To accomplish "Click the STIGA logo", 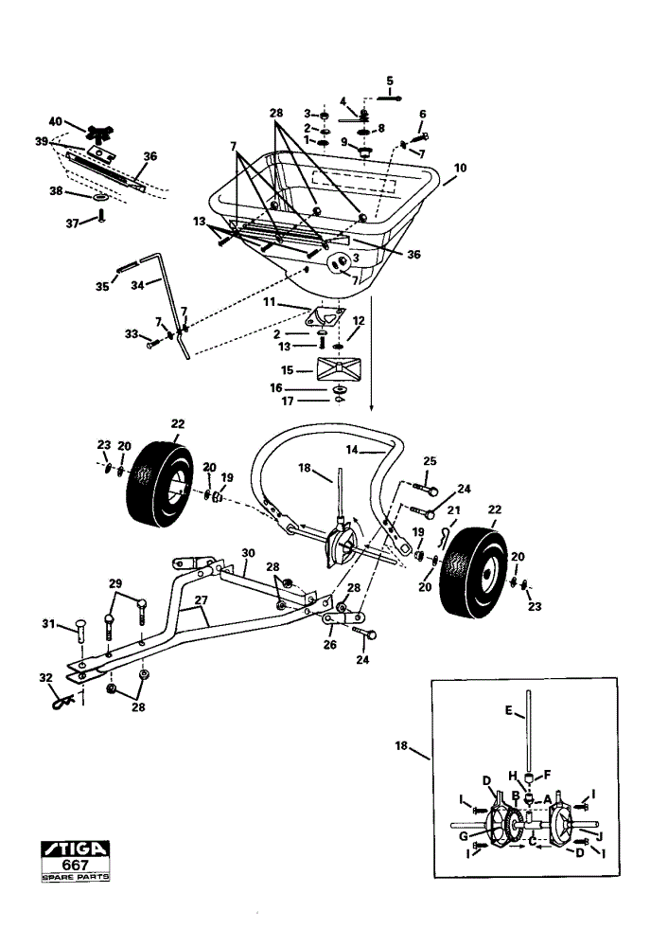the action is pyautogui.click(x=76, y=849).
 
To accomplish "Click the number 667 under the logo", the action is pyautogui.click(x=76, y=865).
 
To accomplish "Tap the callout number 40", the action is pyautogui.click(x=56, y=121).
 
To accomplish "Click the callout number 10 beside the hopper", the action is pyautogui.click(x=461, y=168).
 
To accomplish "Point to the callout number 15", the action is pyautogui.click(x=288, y=370).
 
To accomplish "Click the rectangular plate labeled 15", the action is pyautogui.click(x=339, y=367).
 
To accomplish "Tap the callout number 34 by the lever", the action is pyautogui.click(x=137, y=285).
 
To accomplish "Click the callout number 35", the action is pyautogui.click(x=102, y=286).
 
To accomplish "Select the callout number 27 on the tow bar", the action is pyautogui.click(x=202, y=600).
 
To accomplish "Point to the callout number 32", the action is pyautogui.click(x=45, y=678).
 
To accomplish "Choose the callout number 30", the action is pyautogui.click(x=248, y=553).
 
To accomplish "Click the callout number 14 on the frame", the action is pyautogui.click(x=352, y=449).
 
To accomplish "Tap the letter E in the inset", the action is pyautogui.click(x=508, y=711).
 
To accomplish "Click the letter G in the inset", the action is pyautogui.click(x=464, y=836).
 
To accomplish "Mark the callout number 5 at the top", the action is pyautogui.click(x=389, y=80).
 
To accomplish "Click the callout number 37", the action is pyautogui.click(x=73, y=223).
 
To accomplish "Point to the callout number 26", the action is pyautogui.click(x=329, y=644).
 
